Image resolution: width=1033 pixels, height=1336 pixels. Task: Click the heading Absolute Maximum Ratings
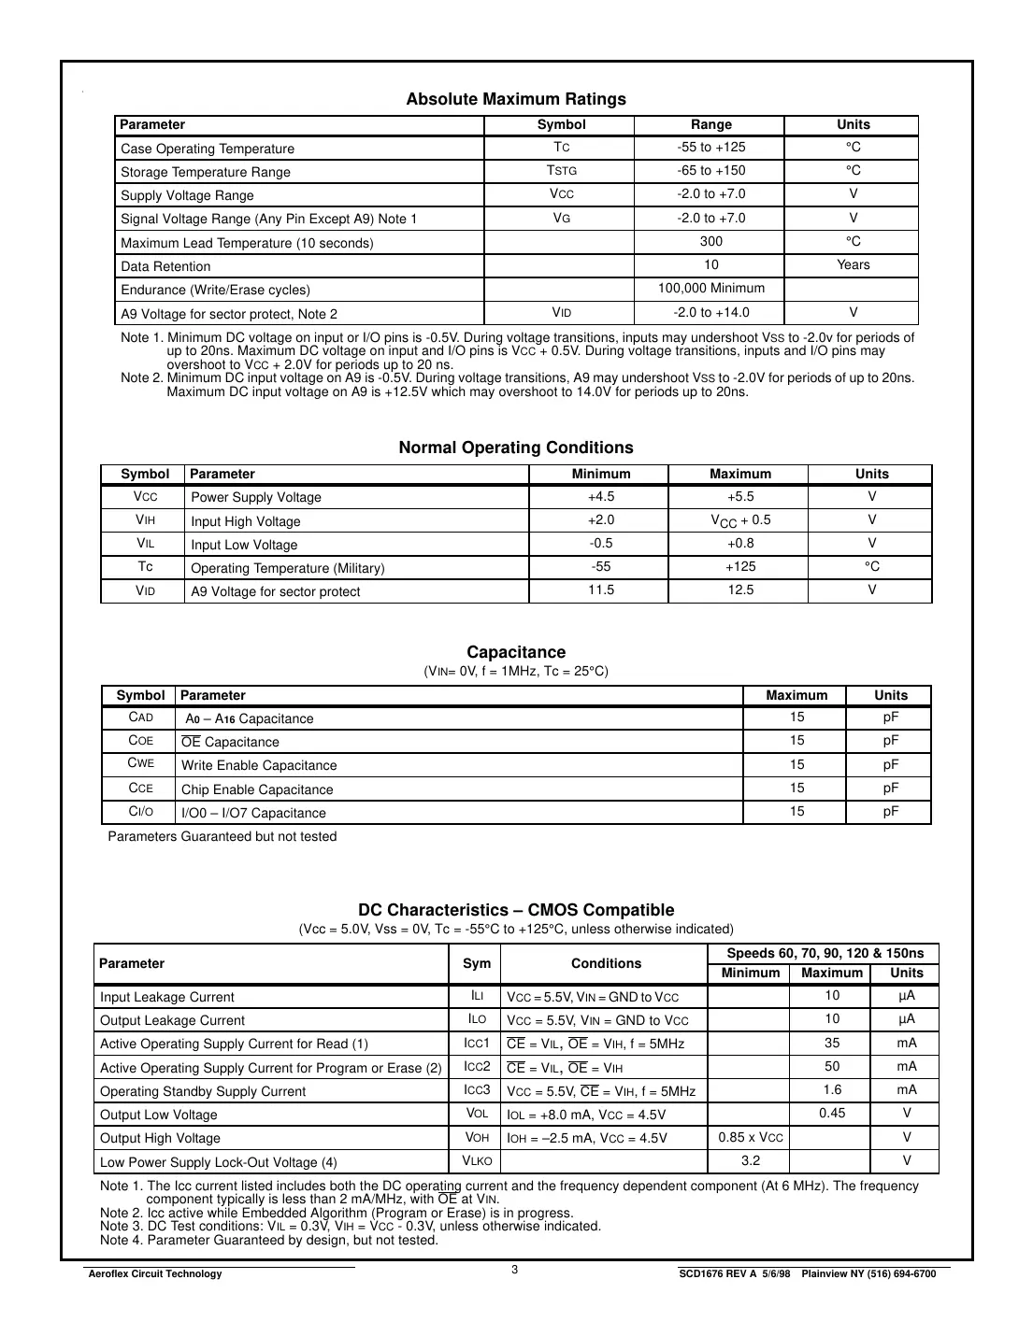pos(516,99)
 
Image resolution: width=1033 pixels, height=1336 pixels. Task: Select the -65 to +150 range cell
pos(710,170)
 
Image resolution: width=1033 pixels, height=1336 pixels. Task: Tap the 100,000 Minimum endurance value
pos(710,288)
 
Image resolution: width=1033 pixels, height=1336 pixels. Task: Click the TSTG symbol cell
pos(561,170)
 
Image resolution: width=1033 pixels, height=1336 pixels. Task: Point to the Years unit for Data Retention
pos(853,264)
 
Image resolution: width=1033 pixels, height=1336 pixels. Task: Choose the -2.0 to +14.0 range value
pos(710,312)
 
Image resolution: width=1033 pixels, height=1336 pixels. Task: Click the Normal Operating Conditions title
pos(516,448)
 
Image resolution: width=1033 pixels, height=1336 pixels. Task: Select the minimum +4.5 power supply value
pos(601,496)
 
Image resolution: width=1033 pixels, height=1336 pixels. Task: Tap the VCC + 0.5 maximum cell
pos(740,520)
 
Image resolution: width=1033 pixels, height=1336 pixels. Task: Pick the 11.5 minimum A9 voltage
pos(601,590)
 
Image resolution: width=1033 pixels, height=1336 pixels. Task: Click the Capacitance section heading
pos(516,652)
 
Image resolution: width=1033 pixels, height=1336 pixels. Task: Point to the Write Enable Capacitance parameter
pos(259,765)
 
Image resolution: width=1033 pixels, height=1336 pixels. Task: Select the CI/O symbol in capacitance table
pos(140,811)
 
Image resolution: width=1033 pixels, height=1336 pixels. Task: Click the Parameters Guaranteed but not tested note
pos(222,836)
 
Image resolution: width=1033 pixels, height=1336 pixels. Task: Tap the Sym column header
pos(477,963)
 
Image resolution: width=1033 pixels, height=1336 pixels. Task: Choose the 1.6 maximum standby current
pos(832,1089)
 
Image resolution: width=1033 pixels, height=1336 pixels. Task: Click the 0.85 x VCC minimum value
pos(751,1137)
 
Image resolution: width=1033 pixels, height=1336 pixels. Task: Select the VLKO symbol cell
pos(477,1160)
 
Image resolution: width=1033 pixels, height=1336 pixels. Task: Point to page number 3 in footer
pos(515,1269)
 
